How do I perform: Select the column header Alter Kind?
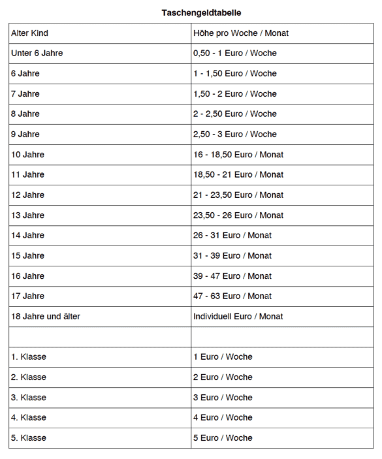pos(30,33)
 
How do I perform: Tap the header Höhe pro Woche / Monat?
pos(241,33)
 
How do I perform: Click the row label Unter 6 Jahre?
pos(37,53)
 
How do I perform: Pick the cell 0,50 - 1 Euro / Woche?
pos(235,53)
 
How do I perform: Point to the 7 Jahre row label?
pos(25,93)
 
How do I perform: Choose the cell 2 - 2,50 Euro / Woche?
pos(235,114)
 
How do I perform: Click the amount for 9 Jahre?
pos(235,134)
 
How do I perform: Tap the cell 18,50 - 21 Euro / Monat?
pos(238,174)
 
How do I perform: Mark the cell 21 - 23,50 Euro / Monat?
pos(238,195)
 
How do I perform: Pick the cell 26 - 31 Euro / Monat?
pos(232,235)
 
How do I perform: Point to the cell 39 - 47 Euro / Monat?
pos(232,276)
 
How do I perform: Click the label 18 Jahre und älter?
pos(46,316)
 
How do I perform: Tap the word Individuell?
pos(212,316)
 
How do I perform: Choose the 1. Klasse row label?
pos(29,356)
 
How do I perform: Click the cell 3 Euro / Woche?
pos(223,397)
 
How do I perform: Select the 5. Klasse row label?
pos(29,437)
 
